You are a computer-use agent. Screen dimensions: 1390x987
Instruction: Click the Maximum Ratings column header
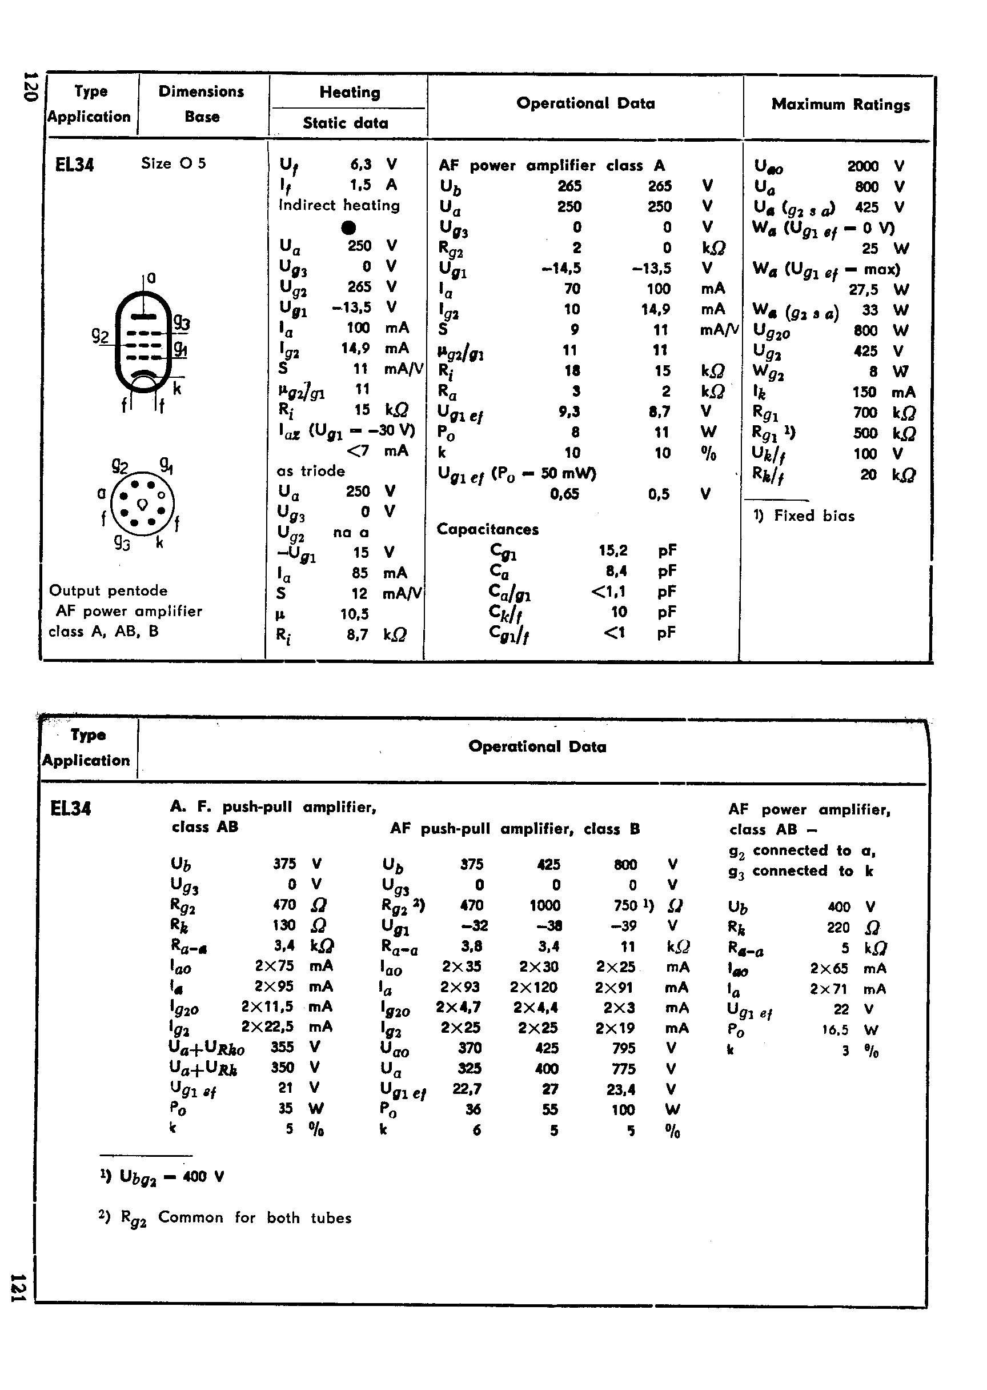point(841,105)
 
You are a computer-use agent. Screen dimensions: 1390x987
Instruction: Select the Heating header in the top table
point(350,93)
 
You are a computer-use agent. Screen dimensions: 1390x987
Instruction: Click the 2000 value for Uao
point(862,166)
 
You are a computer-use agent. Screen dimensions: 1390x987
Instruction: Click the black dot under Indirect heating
point(348,227)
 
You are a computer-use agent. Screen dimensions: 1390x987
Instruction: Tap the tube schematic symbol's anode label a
point(151,278)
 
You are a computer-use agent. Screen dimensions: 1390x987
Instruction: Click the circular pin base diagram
point(143,504)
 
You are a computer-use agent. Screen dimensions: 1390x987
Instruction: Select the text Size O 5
point(173,163)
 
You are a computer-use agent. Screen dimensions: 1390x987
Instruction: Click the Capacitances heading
point(487,529)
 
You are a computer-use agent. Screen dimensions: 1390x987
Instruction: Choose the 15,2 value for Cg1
point(613,550)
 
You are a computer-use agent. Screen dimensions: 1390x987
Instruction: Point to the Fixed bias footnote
point(804,516)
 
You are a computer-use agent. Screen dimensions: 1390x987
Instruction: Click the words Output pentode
point(108,590)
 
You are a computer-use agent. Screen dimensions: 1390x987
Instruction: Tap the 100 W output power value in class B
point(623,1111)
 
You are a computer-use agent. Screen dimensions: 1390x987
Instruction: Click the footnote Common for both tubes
point(255,1217)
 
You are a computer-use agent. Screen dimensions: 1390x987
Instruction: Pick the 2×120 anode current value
point(533,987)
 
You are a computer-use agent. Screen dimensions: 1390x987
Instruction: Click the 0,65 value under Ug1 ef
point(564,494)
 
